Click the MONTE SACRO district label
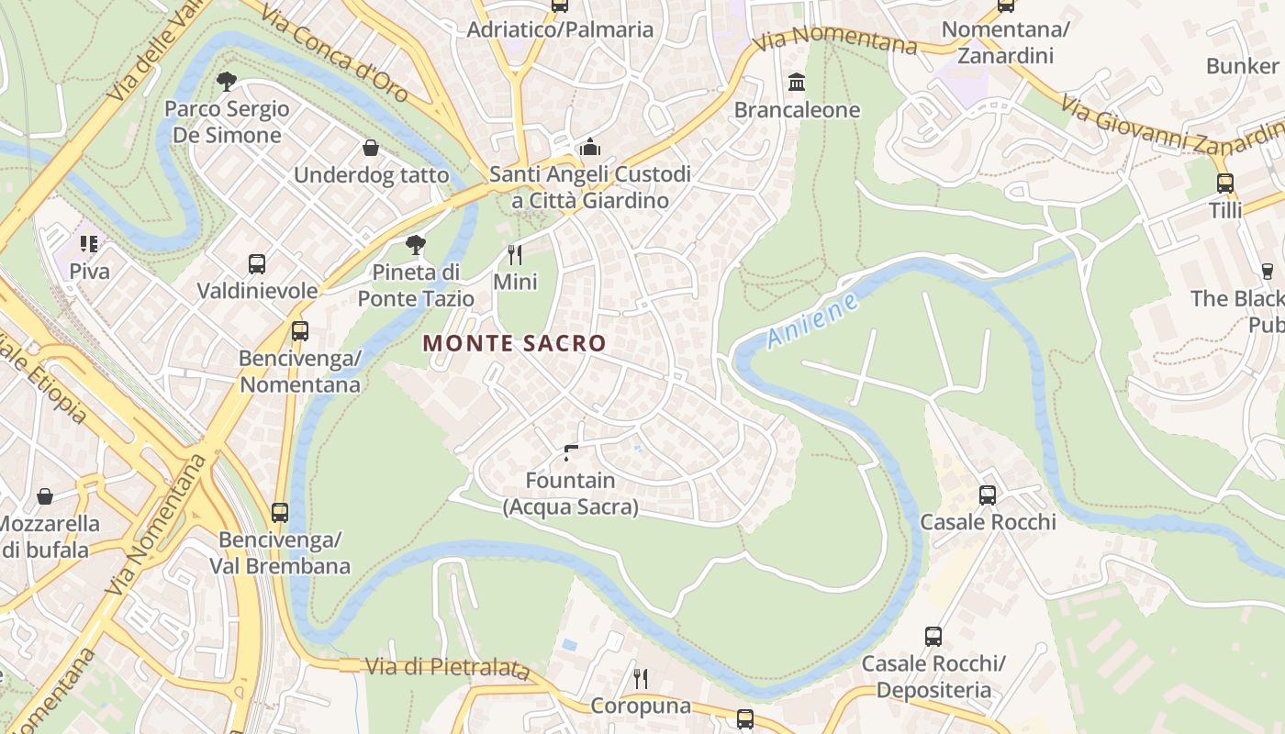(x=514, y=343)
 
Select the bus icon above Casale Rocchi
(x=988, y=495)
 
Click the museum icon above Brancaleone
(x=797, y=83)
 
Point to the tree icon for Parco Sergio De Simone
(x=227, y=82)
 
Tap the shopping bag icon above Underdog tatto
(x=371, y=148)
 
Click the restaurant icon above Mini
(x=515, y=254)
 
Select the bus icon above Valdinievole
(x=257, y=264)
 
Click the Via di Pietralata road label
(x=447, y=667)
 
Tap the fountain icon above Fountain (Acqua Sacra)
(x=571, y=451)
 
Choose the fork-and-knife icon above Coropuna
(x=641, y=679)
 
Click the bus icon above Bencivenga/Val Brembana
(x=280, y=512)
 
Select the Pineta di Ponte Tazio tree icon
(x=416, y=244)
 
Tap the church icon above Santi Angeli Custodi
(x=589, y=147)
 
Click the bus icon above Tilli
(x=1224, y=183)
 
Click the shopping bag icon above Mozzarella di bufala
(x=44, y=496)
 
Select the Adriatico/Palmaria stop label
(x=560, y=29)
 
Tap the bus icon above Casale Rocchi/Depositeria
(x=933, y=636)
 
